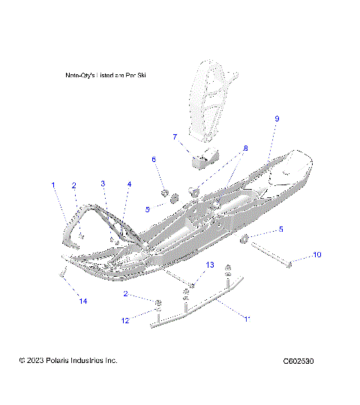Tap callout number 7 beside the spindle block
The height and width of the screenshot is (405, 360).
coord(175,137)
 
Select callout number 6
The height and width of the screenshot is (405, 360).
coord(154,160)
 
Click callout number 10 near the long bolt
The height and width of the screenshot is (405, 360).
coord(316,255)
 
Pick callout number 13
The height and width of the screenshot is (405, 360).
coord(210,265)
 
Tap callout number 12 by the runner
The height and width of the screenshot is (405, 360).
coord(125,320)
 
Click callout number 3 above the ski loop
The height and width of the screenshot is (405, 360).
coord(103,184)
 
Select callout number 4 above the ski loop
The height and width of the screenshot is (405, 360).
coord(129,184)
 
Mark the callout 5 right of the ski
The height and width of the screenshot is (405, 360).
coord(280,229)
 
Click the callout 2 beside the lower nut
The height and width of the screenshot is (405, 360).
coord(125,293)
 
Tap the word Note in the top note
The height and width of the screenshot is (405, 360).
coord(73,76)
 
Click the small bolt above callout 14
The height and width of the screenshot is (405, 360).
coord(60,275)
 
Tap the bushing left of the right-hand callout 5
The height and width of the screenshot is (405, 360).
coord(244,239)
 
